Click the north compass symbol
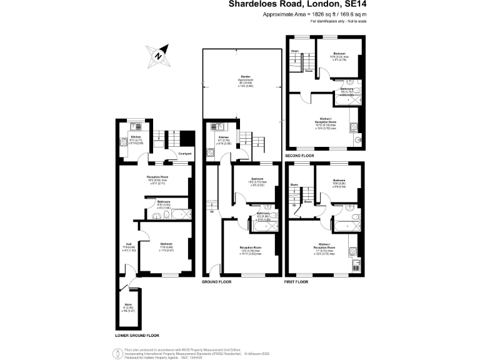159,55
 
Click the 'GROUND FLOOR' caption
216,282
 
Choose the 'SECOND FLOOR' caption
300,155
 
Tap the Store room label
127,306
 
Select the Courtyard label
184,154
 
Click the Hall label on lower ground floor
127,244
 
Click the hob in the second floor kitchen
354,129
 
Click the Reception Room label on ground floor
250,247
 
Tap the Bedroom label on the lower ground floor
166,244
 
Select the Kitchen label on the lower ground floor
136,137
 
